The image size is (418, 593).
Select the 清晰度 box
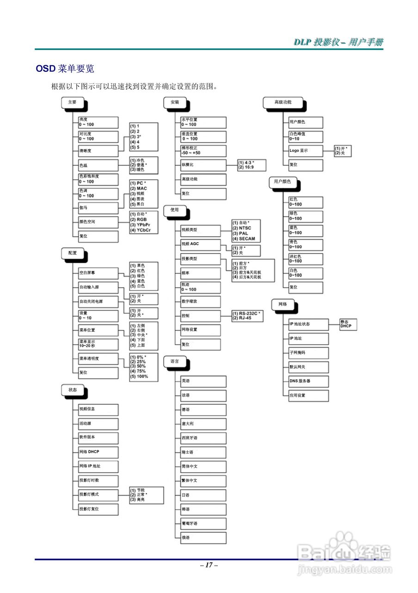click(98, 151)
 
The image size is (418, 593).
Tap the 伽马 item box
click(98, 208)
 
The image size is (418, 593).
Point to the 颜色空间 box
click(98, 222)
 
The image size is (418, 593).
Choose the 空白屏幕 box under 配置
click(98, 273)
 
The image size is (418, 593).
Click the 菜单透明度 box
click(98, 358)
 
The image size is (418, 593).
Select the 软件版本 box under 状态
click(98, 437)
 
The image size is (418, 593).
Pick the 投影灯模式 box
click(98, 495)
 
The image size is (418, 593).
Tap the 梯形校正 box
click(203, 151)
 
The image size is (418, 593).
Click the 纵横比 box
click(203, 164)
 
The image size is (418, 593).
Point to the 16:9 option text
click(248, 167)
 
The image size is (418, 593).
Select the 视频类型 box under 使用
click(201, 230)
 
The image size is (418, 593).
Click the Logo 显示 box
click(305, 151)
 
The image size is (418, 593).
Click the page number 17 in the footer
click(209, 565)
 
